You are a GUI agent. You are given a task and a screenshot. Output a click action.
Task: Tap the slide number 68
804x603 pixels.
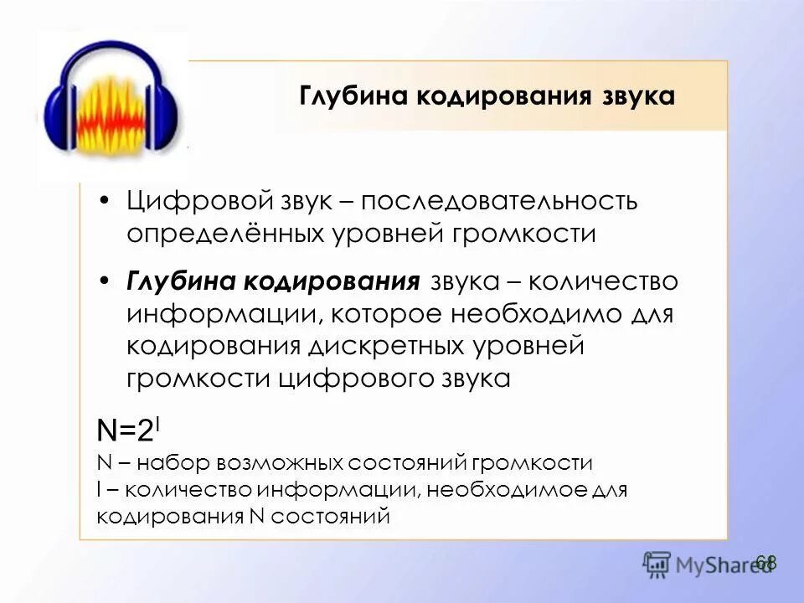766,562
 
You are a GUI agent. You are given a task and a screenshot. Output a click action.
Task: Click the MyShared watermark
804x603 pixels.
708,565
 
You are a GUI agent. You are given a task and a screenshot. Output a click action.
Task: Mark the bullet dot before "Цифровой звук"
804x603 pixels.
104,202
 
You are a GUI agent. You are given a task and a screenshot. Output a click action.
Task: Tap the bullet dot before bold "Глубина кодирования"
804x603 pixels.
104,282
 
